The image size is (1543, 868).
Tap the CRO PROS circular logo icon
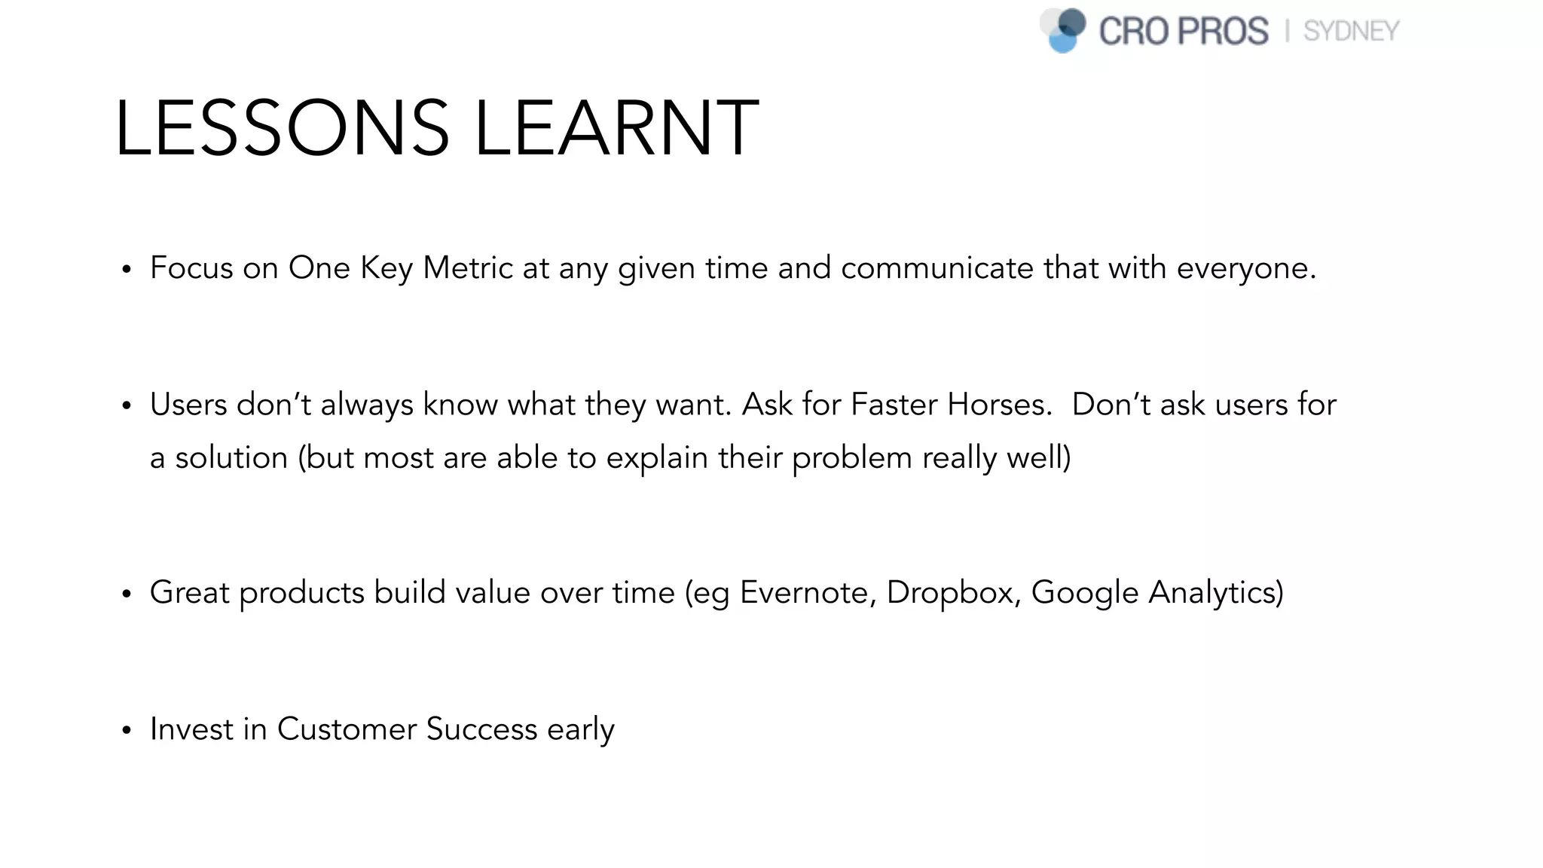(x=1063, y=30)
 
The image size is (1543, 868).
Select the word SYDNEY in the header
(x=1351, y=32)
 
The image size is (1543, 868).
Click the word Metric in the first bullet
(x=467, y=268)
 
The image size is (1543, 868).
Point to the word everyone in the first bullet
(x=1241, y=268)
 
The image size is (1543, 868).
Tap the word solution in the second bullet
(x=231, y=458)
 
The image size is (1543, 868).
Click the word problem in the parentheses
(x=851, y=458)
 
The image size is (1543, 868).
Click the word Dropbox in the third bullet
(x=950, y=592)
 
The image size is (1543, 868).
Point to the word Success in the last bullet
(x=481, y=729)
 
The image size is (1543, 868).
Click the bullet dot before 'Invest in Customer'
(x=127, y=731)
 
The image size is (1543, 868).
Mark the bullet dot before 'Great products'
(x=127, y=594)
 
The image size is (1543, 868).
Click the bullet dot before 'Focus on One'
(x=127, y=270)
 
